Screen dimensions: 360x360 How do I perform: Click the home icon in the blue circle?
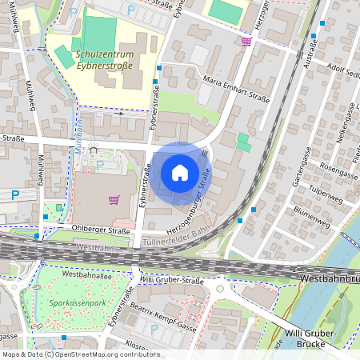pos(180,173)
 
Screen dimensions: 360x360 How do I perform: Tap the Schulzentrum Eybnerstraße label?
pos(109,61)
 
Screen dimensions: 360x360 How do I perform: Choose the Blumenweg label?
pos(311,211)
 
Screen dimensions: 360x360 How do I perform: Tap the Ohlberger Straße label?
pos(103,231)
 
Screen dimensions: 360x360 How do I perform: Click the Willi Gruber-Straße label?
pos(172,280)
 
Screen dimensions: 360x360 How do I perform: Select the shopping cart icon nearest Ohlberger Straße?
pos(114,199)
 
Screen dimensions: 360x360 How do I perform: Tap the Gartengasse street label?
pos(302,168)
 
